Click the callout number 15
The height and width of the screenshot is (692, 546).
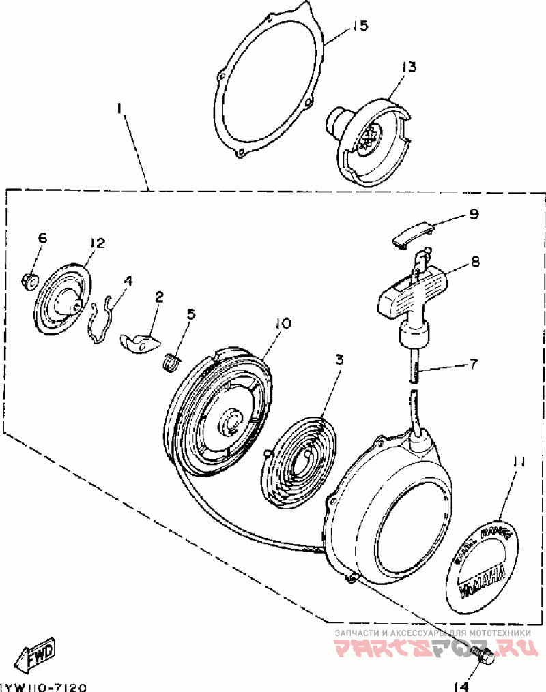coord(360,27)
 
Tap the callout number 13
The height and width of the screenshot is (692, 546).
coord(408,67)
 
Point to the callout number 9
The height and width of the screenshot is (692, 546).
coord(472,214)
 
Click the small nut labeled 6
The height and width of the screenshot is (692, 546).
coord(29,280)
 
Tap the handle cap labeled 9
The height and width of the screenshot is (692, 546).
coord(412,232)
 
